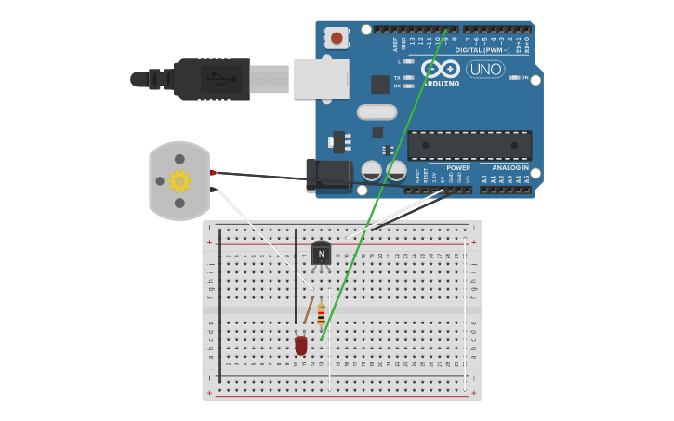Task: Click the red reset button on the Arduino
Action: [336, 38]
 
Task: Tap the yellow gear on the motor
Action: [178, 180]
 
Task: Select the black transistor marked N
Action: [321, 253]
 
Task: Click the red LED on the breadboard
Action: [300, 346]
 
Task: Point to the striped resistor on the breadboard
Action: [322, 315]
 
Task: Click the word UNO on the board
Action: [484, 69]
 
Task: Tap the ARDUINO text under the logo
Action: [441, 84]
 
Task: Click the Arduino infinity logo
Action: [441, 69]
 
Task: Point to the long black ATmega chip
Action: [469, 145]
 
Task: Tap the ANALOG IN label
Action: [509, 168]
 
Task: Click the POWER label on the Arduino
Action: [458, 168]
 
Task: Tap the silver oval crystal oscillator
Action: [377, 112]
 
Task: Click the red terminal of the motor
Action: [213, 173]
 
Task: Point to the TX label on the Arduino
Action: [397, 78]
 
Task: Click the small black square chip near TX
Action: [380, 85]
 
